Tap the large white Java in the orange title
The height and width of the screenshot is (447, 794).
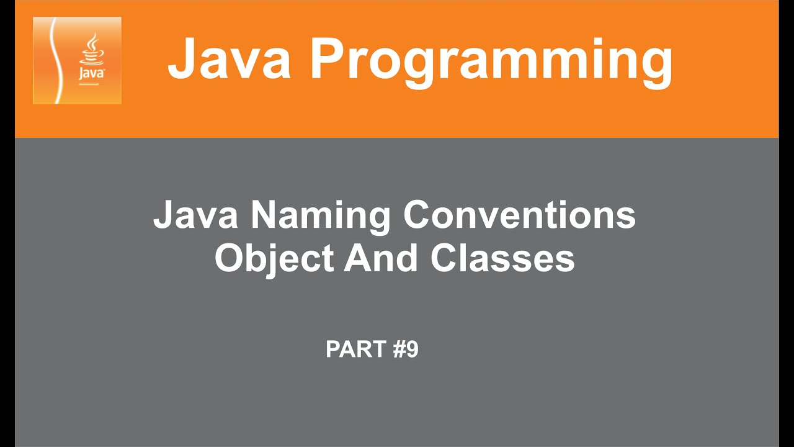click(229, 58)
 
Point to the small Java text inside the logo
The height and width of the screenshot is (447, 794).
click(91, 73)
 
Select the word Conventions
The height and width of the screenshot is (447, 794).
click(519, 215)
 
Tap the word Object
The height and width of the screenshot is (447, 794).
click(274, 259)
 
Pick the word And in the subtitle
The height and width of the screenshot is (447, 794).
click(379, 259)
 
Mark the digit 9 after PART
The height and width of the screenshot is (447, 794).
click(413, 350)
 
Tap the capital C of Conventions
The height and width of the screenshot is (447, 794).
click(417, 215)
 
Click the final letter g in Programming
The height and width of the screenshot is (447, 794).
click(654, 65)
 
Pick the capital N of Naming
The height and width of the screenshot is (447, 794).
click(265, 215)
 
